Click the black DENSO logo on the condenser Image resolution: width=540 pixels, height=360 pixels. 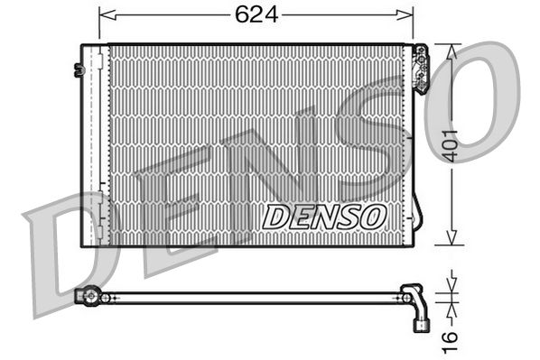tap(324, 217)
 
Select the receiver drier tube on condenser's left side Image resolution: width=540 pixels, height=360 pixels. tap(93, 144)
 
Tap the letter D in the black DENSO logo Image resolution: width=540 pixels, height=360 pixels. tap(272, 217)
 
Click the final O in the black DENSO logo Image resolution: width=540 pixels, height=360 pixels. tap(375, 217)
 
